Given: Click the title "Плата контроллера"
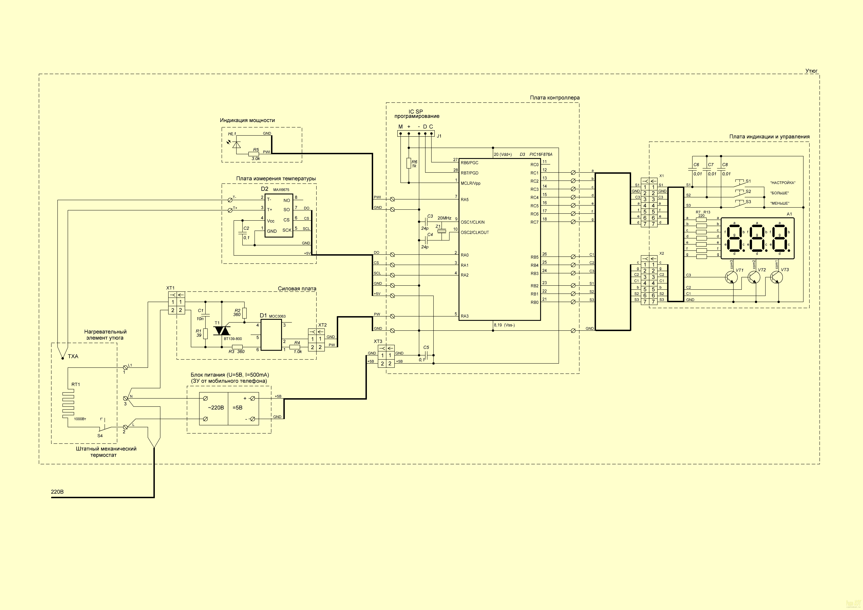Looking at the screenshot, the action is (x=555, y=98).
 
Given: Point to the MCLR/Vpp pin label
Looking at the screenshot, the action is (x=471, y=183).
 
